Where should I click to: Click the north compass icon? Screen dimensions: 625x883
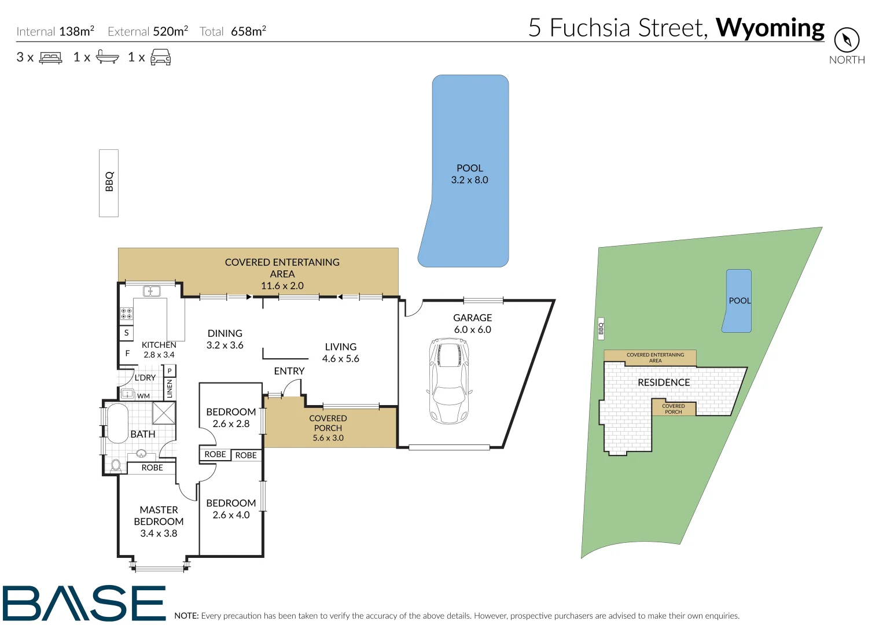pyautogui.click(x=847, y=40)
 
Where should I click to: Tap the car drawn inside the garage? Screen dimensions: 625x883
pyautogui.click(x=448, y=381)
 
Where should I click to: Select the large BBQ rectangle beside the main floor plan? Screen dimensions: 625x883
pyautogui.click(x=109, y=183)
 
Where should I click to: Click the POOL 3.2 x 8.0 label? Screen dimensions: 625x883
pyautogui.click(x=469, y=174)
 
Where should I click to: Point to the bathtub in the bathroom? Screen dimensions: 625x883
pyautogui.click(x=117, y=424)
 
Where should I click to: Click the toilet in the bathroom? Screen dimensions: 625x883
pyautogui.click(x=116, y=465)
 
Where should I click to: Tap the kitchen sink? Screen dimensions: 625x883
pyautogui.click(x=152, y=291)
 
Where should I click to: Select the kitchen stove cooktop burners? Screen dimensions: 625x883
pyautogui.click(x=126, y=314)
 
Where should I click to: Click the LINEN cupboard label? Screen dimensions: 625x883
pyautogui.click(x=170, y=388)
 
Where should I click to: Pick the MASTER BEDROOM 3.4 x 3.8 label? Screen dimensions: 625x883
pyautogui.click(x=159, y=521)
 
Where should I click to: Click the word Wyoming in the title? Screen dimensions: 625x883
pyautogui.click(x=770, y=28)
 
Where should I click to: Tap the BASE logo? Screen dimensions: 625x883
pyautogui.click(x=84, y=603)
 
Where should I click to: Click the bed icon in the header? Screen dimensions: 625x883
pyautogui.click(x=51, y=57)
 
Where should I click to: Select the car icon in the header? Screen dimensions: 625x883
pyautogui.click(x=160, y=57)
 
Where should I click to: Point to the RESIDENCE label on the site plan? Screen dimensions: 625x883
pyautogui.click(x=664, y=383)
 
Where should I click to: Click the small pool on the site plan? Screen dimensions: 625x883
pyautogui.click(x=738, y=301)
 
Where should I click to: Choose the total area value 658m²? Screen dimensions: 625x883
pyautogui.click(x=248, y=31)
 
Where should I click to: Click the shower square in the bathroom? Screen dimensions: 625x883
pyautogui.click(x=164, y=413)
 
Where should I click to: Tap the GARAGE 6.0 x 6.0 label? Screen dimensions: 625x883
pyautogui.click(x=472, y=323)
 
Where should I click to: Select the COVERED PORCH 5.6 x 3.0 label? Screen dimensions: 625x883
pyautogui.click(x=328, y=428)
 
